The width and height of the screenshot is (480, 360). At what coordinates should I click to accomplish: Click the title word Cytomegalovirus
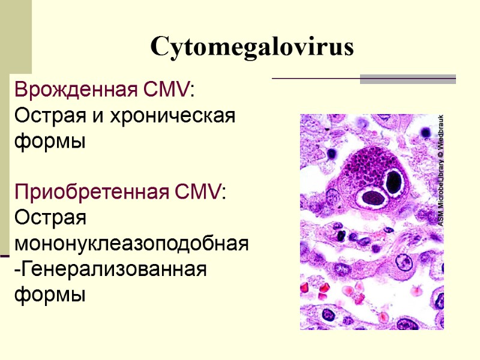point(252,46)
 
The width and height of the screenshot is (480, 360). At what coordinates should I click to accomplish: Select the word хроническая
point(172,116)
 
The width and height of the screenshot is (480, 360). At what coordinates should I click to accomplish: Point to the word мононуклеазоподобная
point(131,244)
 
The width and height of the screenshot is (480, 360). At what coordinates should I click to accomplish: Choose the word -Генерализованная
point(110,270)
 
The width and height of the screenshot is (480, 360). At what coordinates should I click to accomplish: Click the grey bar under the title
point(407,79)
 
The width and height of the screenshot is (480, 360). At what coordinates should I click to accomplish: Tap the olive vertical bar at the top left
point(16,36)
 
